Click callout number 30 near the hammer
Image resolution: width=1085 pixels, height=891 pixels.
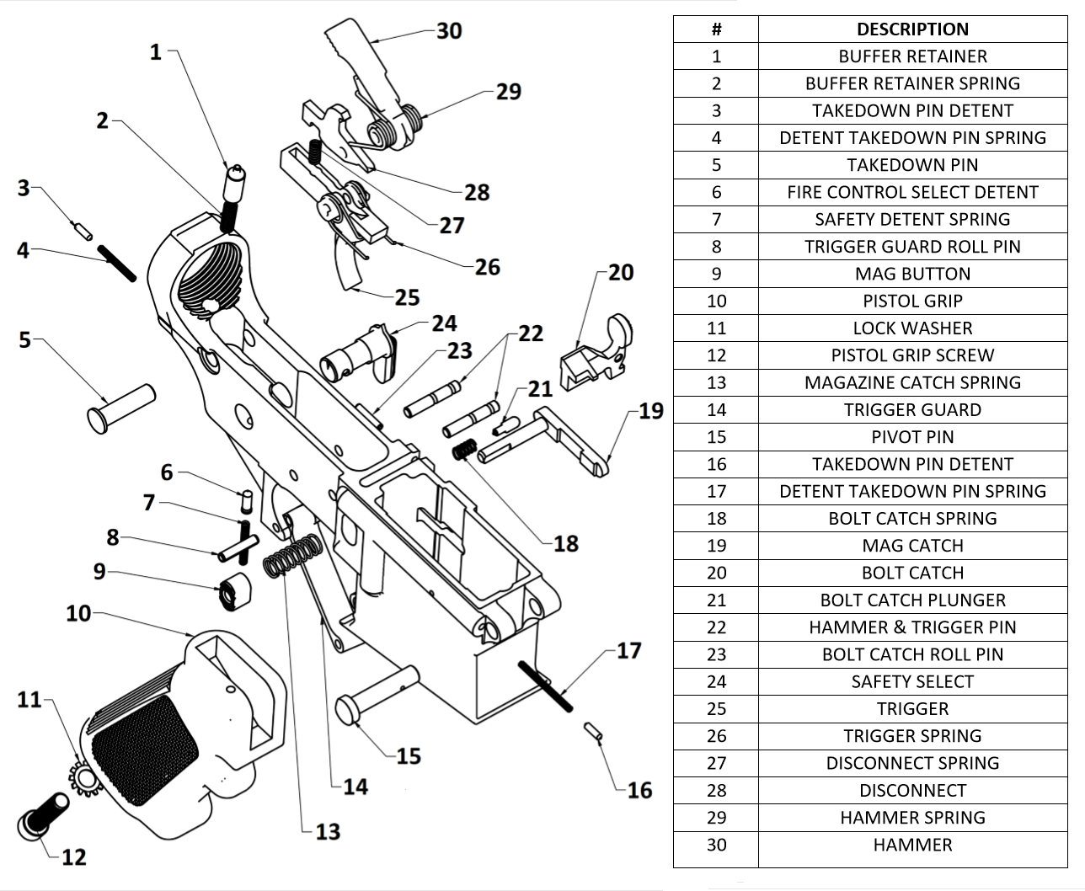(x=449, y=31)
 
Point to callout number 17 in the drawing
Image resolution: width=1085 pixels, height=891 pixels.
(x=628, y=651)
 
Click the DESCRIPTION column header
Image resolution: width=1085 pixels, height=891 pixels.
(x=912, y=29)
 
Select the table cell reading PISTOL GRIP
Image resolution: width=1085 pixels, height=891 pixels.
(x=912, y=301)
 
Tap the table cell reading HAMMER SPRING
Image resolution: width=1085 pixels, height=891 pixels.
(x=912, y=817)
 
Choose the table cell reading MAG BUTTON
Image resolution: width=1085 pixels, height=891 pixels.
(x=912, y=274)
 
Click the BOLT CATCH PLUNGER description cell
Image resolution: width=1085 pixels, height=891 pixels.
(x=912, y=600)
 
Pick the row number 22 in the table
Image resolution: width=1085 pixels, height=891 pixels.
(x=716, y=627)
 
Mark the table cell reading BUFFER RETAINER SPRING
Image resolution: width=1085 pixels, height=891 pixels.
(x=912, y=83)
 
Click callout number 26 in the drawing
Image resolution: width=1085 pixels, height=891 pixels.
(x=488, y=267)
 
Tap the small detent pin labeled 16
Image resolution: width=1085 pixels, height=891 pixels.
(x=594, y=732)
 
